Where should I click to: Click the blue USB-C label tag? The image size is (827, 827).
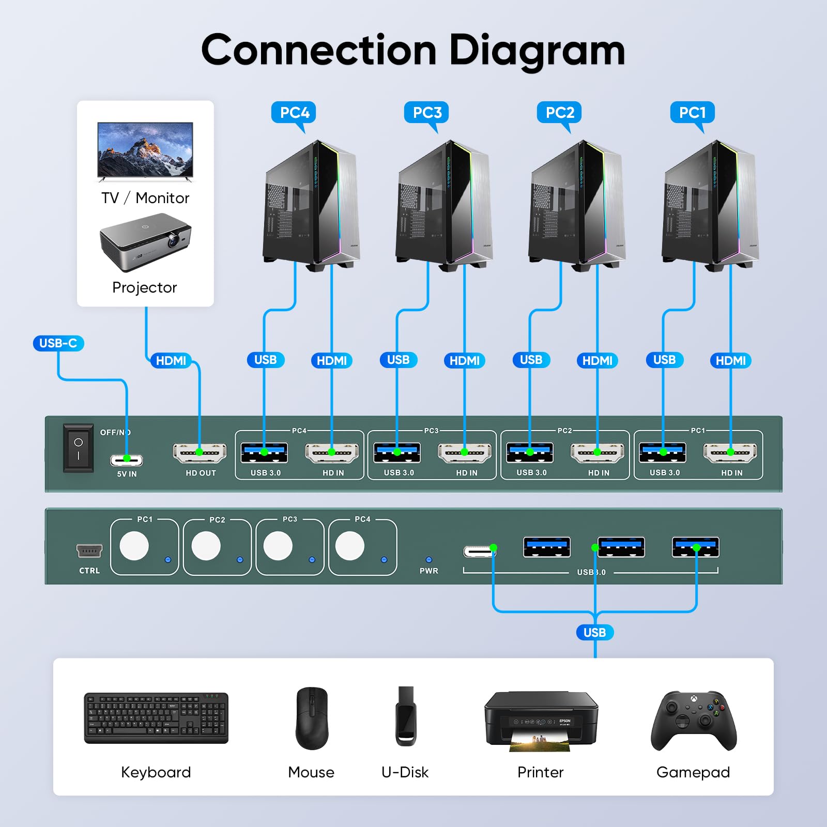pos(58,343)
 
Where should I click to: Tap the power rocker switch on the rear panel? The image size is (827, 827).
pos(78,448)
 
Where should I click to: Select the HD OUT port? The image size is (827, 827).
pos(200,453)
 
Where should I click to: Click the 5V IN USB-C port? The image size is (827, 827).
pos(127,460)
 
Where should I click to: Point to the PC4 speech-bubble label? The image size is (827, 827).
pos(294,113)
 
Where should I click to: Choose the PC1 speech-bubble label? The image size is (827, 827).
pos(693,113)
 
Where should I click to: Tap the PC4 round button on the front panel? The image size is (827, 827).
pos(350,546)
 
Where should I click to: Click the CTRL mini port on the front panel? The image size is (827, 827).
pos(89,551)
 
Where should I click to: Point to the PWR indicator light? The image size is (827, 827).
pos(428,560)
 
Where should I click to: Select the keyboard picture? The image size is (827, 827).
pos(156,718)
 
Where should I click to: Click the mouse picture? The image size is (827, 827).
pos(312,718)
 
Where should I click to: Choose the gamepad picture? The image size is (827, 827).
pos(694,720)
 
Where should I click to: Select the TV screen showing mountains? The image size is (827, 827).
pos(145,150)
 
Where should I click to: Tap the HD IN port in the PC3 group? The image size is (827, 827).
pos(465,453)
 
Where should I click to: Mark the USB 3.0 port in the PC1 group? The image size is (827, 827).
pos(663,452)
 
